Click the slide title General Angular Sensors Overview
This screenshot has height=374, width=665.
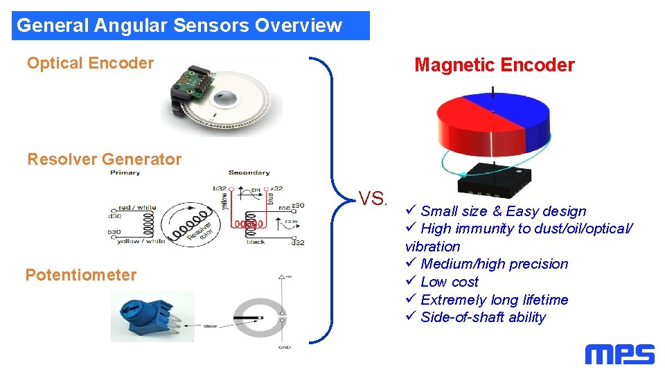179,26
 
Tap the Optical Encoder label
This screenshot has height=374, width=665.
90,63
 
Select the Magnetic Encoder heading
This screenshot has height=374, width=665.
494,65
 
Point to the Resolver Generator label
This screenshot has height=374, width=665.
104,159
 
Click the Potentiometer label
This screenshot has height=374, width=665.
81,275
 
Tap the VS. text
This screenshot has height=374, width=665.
373,199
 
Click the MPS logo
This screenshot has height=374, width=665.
619,355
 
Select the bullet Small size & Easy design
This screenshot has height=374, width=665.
503,211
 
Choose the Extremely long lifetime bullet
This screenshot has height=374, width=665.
494,300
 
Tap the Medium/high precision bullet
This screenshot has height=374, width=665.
494,264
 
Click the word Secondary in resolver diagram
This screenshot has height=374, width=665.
249,172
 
